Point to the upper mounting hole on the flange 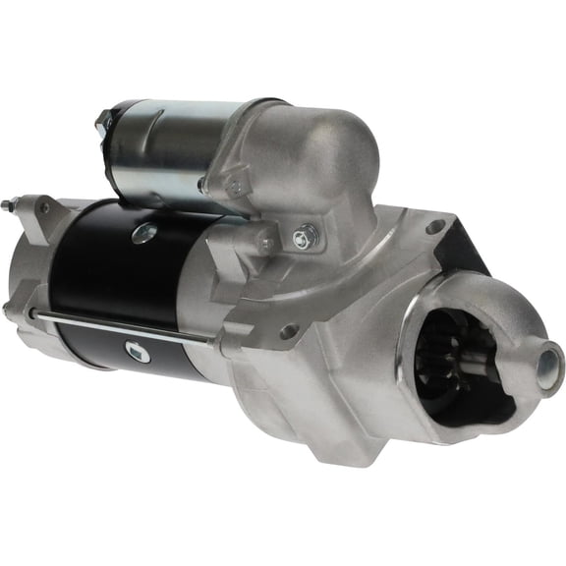[433, 227]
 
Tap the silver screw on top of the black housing [143, 233]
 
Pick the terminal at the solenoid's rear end [103, 121]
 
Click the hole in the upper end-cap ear [43, 208]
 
